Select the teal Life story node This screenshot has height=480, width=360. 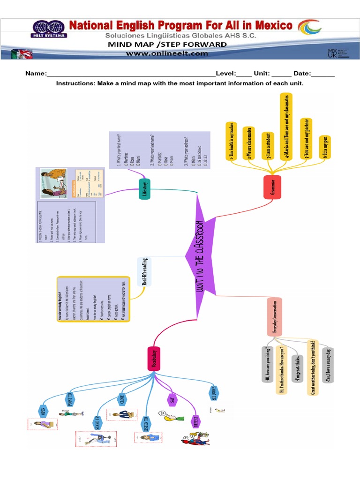click(x=145, y=188)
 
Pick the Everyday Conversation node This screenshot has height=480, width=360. click(x=275, y=316)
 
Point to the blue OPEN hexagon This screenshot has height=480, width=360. click(x=43, y=412)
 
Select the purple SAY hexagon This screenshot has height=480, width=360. click(x=172, y=399)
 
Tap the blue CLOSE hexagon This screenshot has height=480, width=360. click(x=122, y=399)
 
